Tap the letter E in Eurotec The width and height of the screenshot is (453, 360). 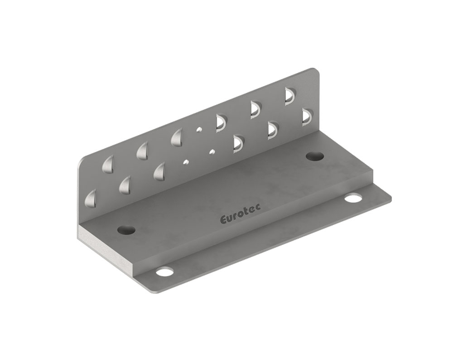pyautogui.click(x=223, y=220)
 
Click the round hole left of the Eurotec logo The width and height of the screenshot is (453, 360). pyautogui.click(x=126, y=229)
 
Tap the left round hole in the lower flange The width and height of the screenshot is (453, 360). pyautogui.click(x=164, y=272)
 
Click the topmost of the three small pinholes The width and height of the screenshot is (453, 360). pyautogui.click(x=198, y=130)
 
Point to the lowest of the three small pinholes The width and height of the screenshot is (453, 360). pyautogui.click(x=185, y=161)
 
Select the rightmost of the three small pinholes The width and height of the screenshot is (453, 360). pyautogui.click(x=212, y=151)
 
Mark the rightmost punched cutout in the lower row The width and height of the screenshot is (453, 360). pyautogui.click(x=307, y=116)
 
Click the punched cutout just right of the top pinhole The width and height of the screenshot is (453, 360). pyautogui.click(x=221, y=122)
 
